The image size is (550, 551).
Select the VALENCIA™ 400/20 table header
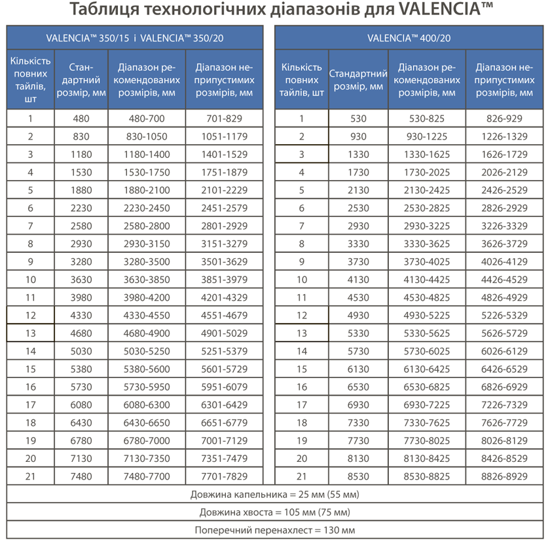tap(409, 37)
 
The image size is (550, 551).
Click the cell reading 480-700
tap(147, 119)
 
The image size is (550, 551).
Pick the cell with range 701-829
tap(224, 119)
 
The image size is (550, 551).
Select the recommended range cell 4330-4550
tap(147, 315)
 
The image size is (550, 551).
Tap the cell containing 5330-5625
tap(427, 333)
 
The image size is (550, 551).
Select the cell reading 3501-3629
tap(224, 262)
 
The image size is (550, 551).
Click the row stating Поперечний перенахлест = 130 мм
tap(275, 530)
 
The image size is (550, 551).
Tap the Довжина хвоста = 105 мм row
tap(275, 512)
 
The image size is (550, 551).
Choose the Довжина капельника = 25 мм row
tap(275, 494)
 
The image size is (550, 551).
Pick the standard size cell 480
tap(81, 119)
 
